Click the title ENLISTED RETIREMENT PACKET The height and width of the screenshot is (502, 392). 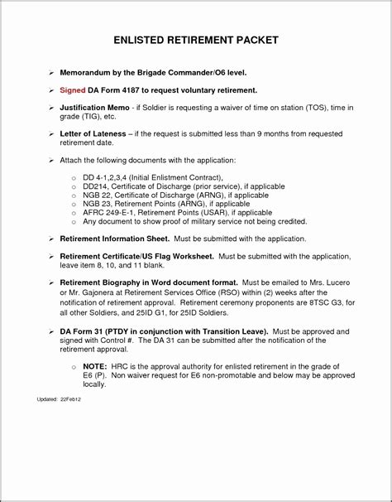196,39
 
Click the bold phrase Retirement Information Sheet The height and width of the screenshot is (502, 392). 113,238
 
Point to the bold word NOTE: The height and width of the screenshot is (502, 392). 95,366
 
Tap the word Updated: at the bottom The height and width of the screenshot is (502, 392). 47,399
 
